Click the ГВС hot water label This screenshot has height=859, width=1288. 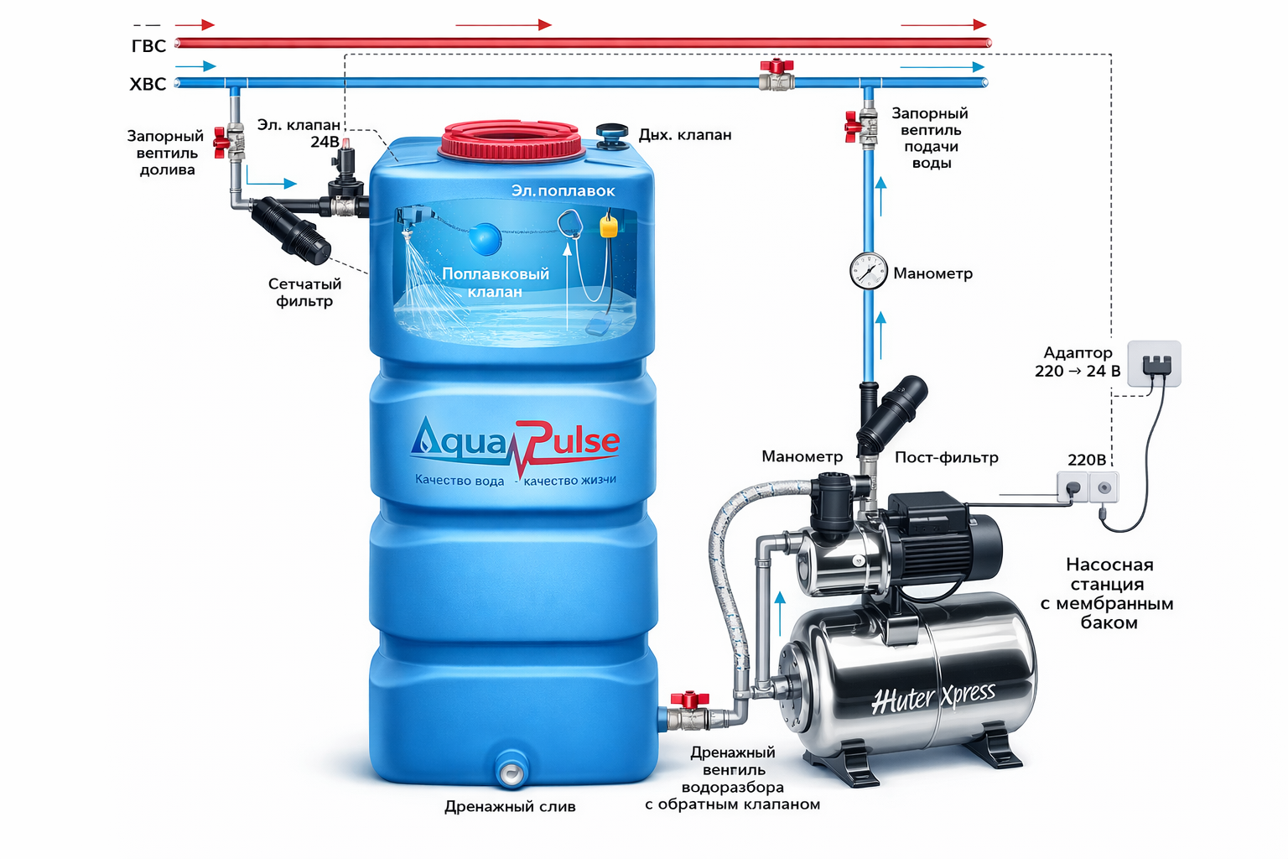click(x=148, y=46)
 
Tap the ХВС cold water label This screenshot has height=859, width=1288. click(x=148, y=84)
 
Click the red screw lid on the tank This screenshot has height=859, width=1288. click(x=511, y=140)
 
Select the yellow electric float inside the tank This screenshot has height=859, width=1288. click(x=609, y=226)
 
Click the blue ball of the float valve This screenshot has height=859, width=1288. click(x=485, y=238)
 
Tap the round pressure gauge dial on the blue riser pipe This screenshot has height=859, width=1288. click(x=868, y=272)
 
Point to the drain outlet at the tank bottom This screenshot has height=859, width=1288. click(x=511, y=770)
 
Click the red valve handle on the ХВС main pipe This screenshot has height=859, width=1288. click(x=776, y=66)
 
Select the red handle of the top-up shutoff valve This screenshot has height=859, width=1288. click(x=221, y=143)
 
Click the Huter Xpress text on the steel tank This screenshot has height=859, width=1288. click(x=932, y=695)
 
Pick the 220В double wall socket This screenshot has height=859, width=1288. click(x=1088, y=487)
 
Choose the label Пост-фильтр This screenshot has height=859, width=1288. click(x=946, y=457)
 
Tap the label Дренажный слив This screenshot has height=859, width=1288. click(x=510, y=807)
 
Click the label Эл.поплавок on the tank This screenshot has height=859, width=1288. click(x=563, y=191)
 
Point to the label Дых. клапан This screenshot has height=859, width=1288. click(x=684, y=135)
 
